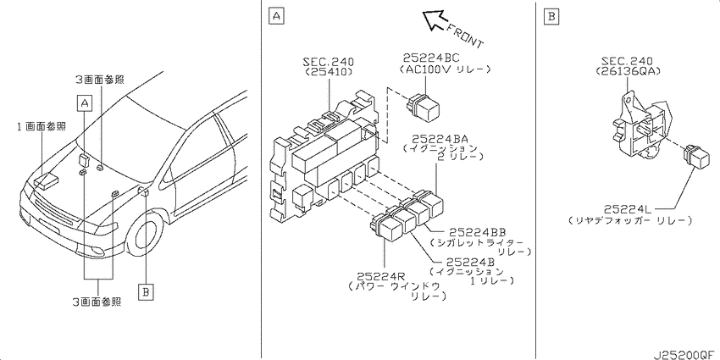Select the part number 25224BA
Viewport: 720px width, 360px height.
pyautogui.click(x=440, y=138)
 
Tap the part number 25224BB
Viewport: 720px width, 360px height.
pyautogui.click(x=478, y=232)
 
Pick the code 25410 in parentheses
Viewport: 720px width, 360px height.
pyautogui.click(x=329, y=72)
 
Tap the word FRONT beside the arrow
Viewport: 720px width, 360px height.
pyautogui.click(x=465, y=36)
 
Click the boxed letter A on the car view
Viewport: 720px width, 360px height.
pyautogui.click(x=84, y=104)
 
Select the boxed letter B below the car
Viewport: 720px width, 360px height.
pyautogui.click(x=145, y=291)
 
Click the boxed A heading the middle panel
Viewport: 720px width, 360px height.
pyautogui.click(x=276, y=17)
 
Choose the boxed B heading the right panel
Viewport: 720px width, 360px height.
pyautogui.click(x=551, y=18)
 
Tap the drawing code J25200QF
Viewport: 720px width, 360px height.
pyautogui.click(x=686, y=354)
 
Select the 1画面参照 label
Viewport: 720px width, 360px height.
pyautogui.click(x=42, y=127)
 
